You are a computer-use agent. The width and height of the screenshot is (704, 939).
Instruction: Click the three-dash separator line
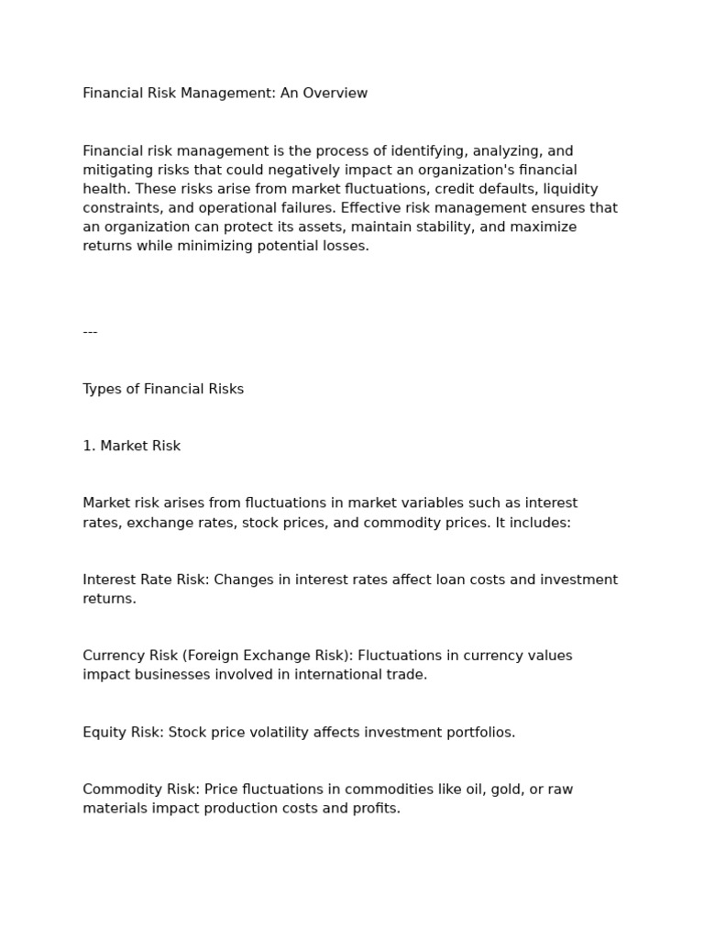90,332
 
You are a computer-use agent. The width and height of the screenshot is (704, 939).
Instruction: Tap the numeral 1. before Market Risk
88,447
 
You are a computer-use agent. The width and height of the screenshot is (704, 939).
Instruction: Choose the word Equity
104,733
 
